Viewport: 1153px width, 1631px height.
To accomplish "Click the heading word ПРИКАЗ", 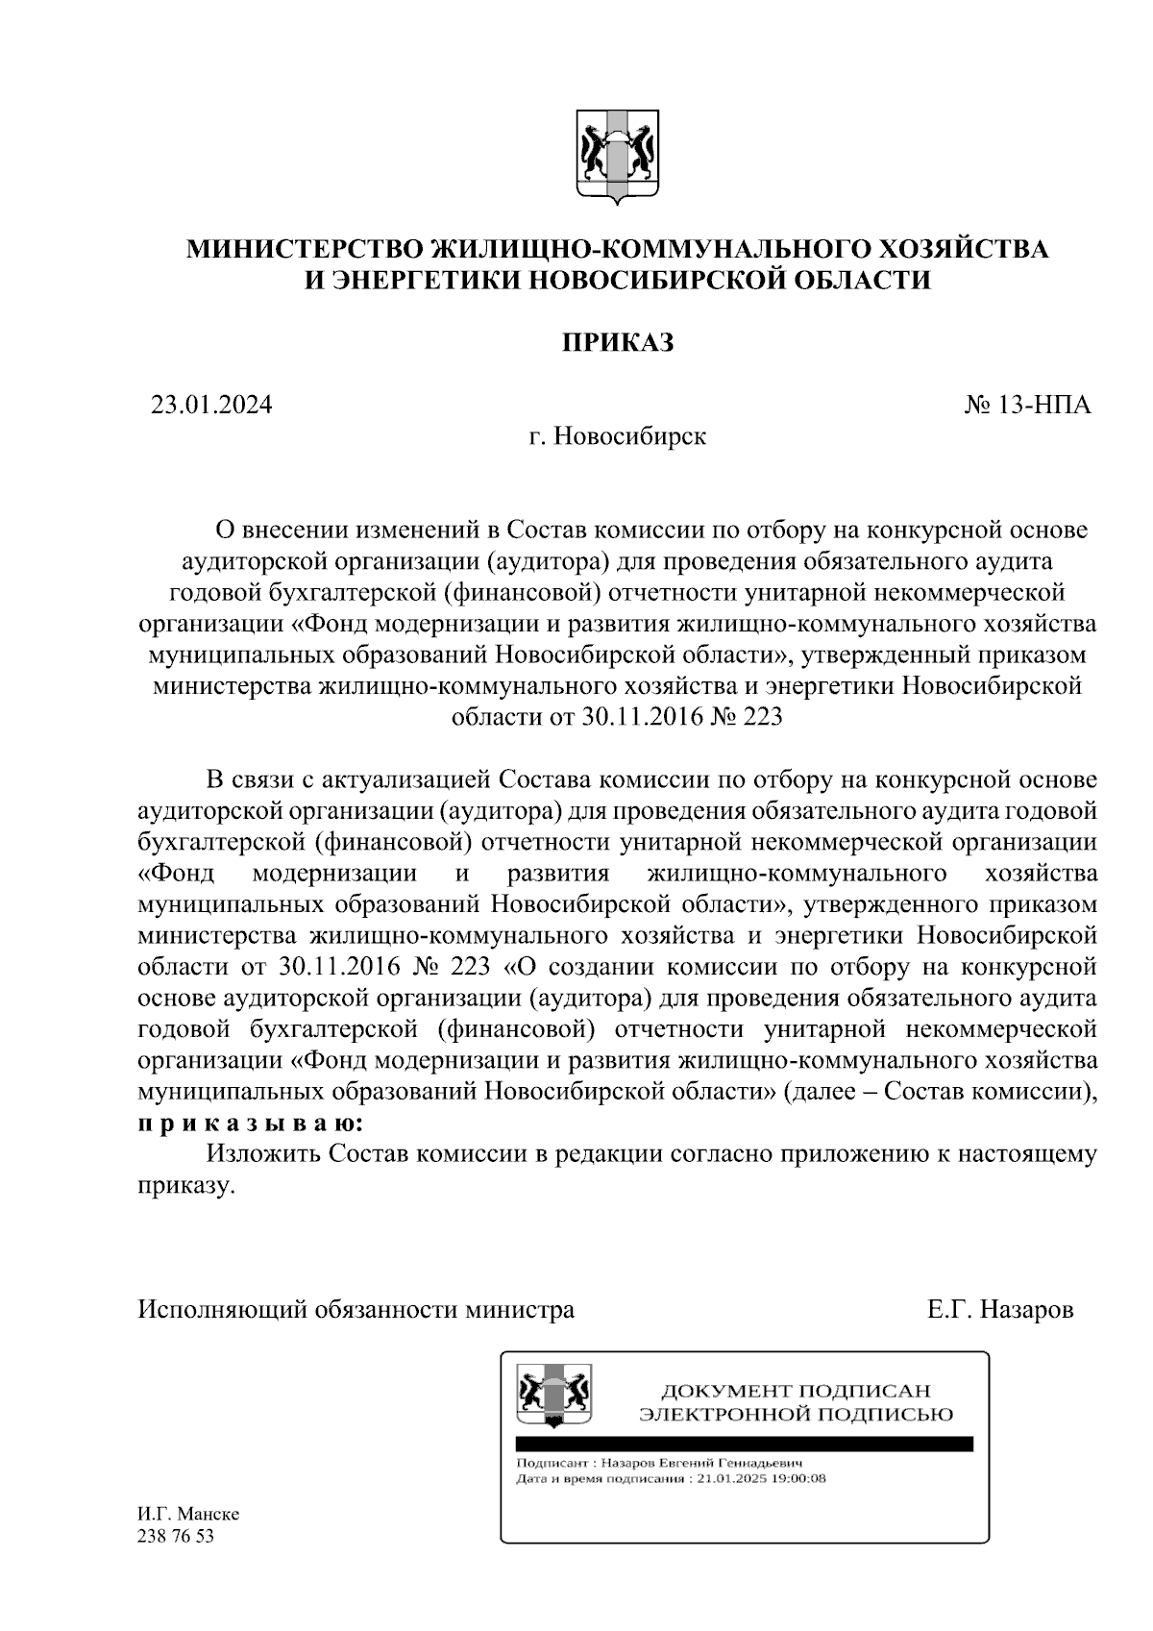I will (x=618, y=342).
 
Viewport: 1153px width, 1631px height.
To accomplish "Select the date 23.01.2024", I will (x=211, y=405).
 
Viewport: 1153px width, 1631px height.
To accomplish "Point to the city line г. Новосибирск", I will (x=617, y=436).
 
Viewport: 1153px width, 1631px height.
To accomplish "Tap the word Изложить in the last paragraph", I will (x=262, y=1153).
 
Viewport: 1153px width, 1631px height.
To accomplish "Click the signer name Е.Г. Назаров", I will (x=1000, y=1309).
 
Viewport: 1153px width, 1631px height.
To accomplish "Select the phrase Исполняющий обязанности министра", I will (x=356, y=1309).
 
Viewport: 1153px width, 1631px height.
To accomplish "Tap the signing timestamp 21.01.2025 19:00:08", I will (x=761, y=1478).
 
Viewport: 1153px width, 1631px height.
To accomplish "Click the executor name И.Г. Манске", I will (x=189, y=1514).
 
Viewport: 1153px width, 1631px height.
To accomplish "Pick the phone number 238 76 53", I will (x=176, y=1536).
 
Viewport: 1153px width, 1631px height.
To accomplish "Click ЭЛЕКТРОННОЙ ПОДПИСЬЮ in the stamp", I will (x=797, y=1414).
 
